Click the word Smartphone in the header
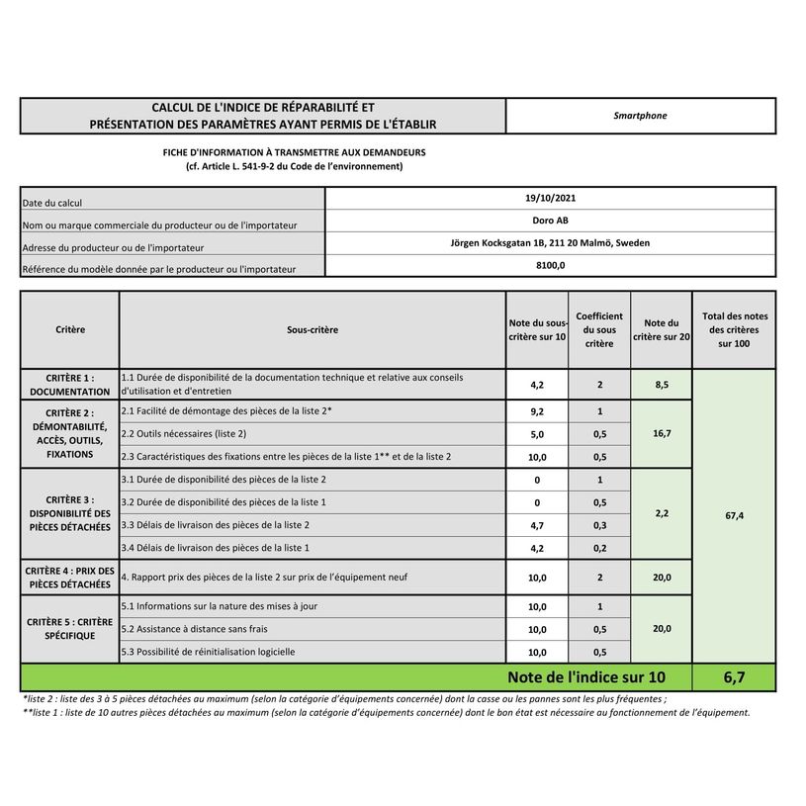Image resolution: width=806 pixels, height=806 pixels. point(640,116)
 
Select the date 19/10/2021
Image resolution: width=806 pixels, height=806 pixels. point(550,198)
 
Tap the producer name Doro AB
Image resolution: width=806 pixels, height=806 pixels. point(550,221)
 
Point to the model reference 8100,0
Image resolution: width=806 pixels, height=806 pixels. point(550,265)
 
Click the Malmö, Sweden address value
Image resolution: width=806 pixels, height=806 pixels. point(550,242)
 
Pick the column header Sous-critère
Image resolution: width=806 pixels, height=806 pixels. point(312,330)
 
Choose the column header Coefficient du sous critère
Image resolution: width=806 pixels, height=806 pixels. point(599,330)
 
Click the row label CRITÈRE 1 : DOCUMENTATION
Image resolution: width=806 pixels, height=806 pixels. point(70,385)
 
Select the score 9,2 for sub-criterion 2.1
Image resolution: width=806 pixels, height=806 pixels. point(537,410)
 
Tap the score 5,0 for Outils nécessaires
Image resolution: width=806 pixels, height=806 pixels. point(537,434)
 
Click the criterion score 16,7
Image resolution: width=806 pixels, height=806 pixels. point(663,433)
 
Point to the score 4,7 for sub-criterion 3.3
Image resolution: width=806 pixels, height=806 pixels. point(537,525)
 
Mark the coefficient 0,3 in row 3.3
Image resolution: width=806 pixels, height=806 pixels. point(599,525)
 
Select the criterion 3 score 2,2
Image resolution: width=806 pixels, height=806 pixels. point(663,513)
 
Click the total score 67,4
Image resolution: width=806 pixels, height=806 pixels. point(734,515)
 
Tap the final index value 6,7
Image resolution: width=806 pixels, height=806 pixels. point(734,677)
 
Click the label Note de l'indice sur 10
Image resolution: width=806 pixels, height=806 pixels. point(585,677)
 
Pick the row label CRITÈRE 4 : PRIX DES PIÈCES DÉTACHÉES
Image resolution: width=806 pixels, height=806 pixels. point(70,578)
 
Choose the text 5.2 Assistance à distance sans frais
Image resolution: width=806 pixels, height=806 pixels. point(194,629)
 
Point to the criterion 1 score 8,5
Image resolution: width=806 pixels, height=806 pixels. point(663,384)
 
